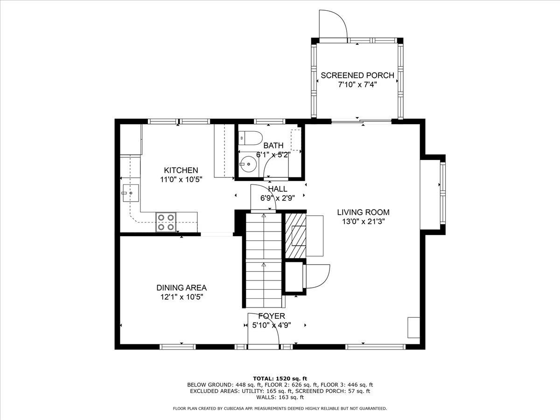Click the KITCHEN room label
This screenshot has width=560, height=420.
(x=181, y=170)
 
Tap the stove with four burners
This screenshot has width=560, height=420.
(x=166, y=222)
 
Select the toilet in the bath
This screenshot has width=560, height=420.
(x=250, y=138)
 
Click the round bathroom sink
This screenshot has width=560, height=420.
(x=249, y=164)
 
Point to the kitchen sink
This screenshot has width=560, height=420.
(x=131, y=193)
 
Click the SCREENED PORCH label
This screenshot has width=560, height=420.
(x=357, y=76)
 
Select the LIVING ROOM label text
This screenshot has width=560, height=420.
(x=363, y=212)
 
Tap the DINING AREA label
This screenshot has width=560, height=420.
(x=182, y=287)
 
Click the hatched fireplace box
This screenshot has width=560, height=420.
(x=295, y=236)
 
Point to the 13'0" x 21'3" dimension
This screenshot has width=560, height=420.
(x=363, y=221)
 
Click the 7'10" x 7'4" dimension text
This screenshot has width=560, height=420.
(x=357, y=84)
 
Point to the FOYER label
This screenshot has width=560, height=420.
(x=272, y=316)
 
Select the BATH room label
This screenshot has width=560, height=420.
(x=273, y=145)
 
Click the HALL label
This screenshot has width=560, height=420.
(x=278, y=189)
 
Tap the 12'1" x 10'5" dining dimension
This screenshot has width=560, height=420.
(x=182, y=297)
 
